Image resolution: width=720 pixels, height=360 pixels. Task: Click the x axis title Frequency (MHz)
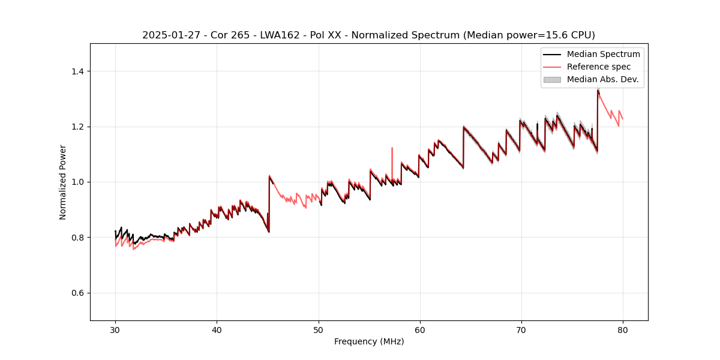(369, 341)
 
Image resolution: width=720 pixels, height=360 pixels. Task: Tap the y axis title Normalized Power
(63, 182)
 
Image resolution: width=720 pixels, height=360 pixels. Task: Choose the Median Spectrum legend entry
(603, 54)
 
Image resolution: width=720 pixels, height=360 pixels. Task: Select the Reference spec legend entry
(596, 67)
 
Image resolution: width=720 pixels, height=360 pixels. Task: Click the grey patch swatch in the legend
(551, 79)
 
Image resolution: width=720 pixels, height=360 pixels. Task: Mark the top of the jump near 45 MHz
(269, 175)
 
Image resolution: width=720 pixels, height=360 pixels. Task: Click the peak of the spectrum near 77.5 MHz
(598, 90)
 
